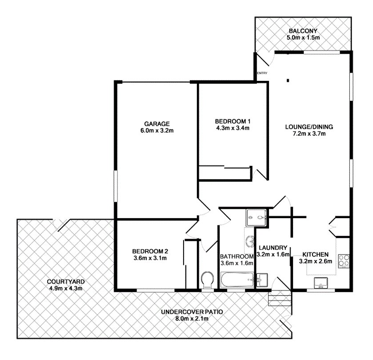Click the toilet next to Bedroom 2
pyautogui.click(x=207, y=280)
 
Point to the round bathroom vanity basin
pyautogui.click(x=249, y=241)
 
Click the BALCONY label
pyautogui.click(x=303, y=31)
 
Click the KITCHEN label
pyautogui.click(x=315, y=254)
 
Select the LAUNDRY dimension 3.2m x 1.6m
pyautogui.click(x=273, y=255)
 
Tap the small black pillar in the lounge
pyautogui.click(x=288, y=80)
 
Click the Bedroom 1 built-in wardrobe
pyautogui.click(x=225, y=173)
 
